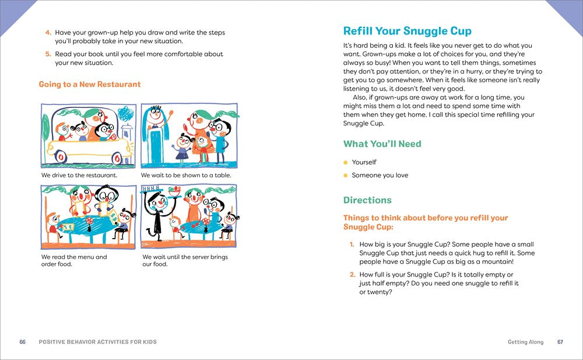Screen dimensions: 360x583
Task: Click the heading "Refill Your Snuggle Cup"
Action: pos(407,31)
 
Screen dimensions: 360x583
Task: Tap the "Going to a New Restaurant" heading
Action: pos(90,85)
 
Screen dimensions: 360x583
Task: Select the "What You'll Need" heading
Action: pos(382,144)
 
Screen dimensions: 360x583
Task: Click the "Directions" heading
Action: pos(367,200)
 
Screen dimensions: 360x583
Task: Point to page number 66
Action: pos(23,342)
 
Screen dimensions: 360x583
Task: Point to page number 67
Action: pos(560,342)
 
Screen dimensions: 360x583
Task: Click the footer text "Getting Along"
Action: pos(525,342)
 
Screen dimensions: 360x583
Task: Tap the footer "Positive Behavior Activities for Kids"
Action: pos(97,342)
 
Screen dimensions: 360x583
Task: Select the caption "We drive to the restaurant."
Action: pos(79,175)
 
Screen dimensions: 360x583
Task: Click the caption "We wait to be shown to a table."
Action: pos(186,175)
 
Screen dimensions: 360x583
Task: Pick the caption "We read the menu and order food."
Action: pos(74,260)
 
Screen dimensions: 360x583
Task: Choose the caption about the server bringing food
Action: pos(185,260)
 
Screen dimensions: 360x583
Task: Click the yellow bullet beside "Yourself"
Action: pos(346,163)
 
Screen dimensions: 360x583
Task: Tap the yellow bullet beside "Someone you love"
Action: pos(346,176)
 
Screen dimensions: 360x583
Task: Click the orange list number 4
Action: pos(48,33)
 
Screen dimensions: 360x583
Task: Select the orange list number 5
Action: pos(48,54)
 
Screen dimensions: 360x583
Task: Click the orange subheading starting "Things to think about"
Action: pos(426,222)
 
